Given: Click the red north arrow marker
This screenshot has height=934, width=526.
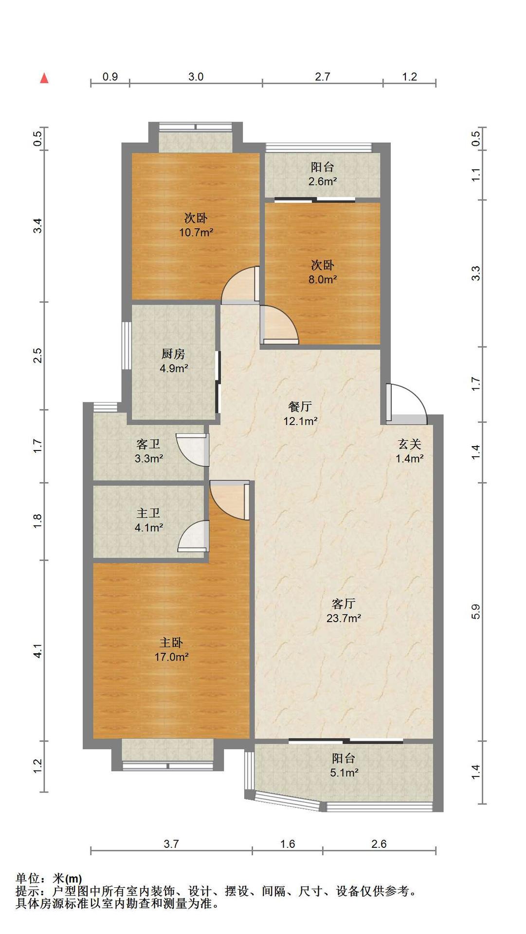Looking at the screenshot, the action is (x=44, y=78).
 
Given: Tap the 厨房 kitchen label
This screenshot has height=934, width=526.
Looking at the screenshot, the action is (x=173, y=354).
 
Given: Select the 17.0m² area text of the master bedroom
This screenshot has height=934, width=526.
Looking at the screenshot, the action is (x=172, y=657).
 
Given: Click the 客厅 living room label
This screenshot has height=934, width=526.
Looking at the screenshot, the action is (x=344, y=604).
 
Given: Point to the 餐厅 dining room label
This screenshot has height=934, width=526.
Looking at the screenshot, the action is (x=300, y=406).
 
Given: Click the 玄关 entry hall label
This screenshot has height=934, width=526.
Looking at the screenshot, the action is (x=409, y=444).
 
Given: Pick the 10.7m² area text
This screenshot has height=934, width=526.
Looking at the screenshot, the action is (x=196, y=232).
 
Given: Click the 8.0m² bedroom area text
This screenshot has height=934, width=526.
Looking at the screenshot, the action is (x=323, y=279).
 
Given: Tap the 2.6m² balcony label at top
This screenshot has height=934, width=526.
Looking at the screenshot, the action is (x=323, y=181).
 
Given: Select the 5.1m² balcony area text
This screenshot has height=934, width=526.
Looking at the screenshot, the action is (x=344, y=772).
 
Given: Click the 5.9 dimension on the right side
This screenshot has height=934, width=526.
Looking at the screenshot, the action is (x=476, y=611).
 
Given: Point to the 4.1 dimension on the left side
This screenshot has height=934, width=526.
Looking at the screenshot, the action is (x=38, y=651).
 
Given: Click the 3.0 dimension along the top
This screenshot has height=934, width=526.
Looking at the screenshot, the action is (x=196, y=76).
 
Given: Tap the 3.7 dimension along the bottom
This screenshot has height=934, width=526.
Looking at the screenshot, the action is (x=171, y=844).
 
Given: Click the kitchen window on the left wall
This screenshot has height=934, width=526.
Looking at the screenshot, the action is (x=126, y=346).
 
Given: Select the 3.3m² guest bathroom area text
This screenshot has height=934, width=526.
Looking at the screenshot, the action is (x=149, y=458).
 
